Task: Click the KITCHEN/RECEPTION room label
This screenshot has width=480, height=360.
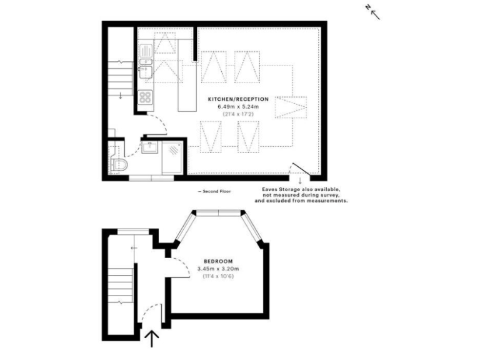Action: [243, 99]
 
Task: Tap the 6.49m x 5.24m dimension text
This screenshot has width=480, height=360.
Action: [243, 106]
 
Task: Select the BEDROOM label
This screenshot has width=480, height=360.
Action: [218, 261]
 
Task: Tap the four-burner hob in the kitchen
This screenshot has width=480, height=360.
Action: [145, 97]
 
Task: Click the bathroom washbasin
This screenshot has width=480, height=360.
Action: [150, 149]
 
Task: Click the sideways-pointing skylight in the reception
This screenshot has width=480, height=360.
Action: [291, 109]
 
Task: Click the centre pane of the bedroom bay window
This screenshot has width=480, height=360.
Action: [217, 214]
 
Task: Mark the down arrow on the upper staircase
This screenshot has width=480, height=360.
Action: [119, 94]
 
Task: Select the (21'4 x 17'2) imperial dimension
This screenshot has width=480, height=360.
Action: [243, 114]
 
